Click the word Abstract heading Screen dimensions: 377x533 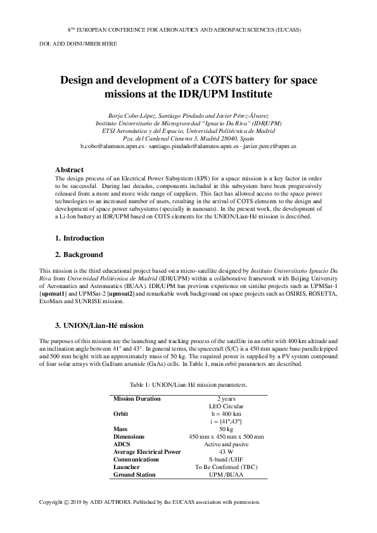(70, 170)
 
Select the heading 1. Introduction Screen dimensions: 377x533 (79, 238)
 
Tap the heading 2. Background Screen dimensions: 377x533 (79, 254)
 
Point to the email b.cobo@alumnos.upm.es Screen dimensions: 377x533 (113, 146)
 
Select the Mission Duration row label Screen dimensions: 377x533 (136, 399)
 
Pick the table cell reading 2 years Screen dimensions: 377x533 (226, 399)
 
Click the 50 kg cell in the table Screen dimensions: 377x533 (226, 429)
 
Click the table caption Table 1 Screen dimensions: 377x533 (188, 384)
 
